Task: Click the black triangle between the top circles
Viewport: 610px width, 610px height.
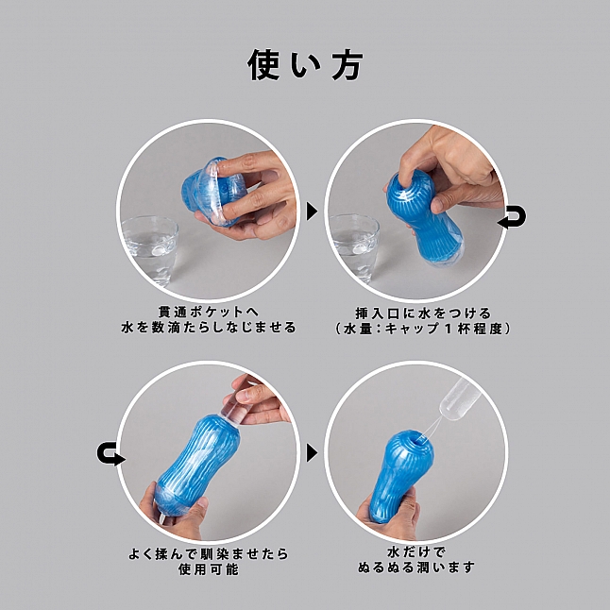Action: pos(312,211)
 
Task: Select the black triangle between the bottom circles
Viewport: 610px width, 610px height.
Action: pos(312,452)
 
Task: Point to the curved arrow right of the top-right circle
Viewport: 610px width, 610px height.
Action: pos(513,219)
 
